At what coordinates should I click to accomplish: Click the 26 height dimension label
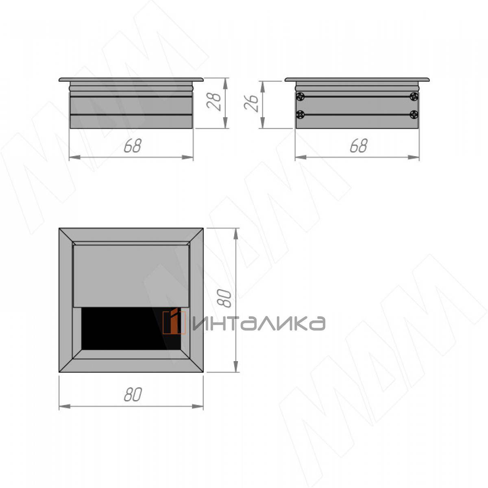pyautogui.click(x=251, y=103)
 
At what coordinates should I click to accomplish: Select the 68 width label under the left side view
pyautogui.click(x=133, y=146)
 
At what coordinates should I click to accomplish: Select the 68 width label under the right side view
pyautogui.click(x=359, y=146)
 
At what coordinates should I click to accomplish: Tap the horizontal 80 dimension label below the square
pyautogui.click(x=133, y=394)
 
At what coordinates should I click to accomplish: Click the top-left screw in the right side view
pyautogui.click(x=301, y=96)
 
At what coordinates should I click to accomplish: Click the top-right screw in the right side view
pyautogui.click(x=414, y=96)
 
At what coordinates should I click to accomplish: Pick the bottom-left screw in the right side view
pyautogui.click(x=301, y=115)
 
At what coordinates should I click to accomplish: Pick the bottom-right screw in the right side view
pyautogui.click(x=414, y=115)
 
